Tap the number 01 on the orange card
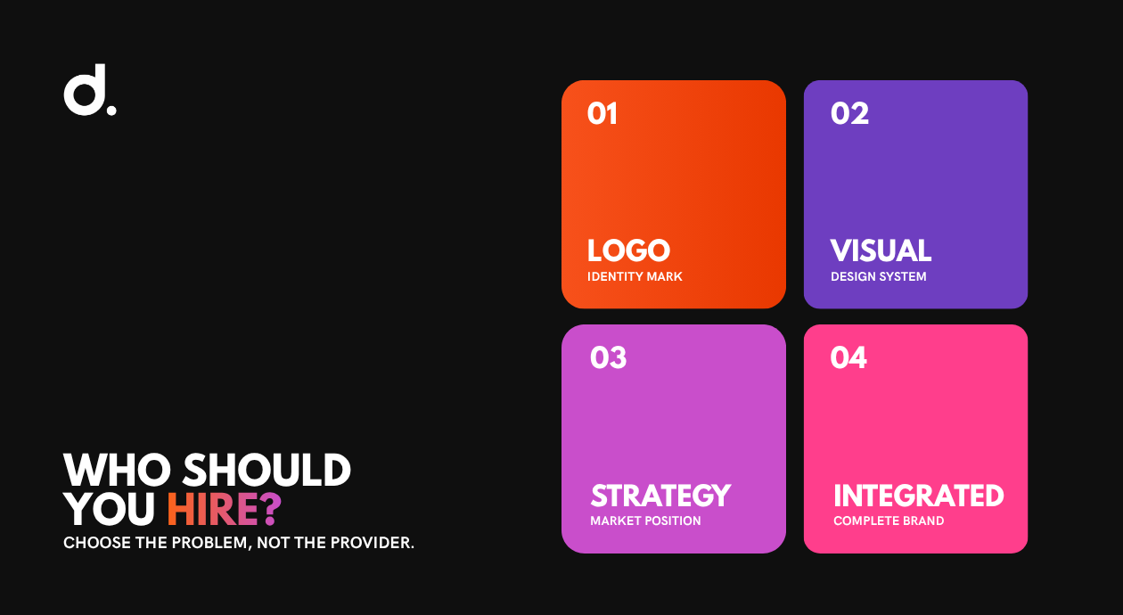(x=602, y=114)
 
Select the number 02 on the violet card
(x=849, y=114)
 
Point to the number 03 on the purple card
(x=608, y=358)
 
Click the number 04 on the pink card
(x=848, y=358)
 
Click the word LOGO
(x=628, y=250)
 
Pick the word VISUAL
(x=881, y=250)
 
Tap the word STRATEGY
(x=660, y=496)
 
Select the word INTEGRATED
(x=918, y=496)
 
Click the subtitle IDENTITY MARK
(x=635, y=276)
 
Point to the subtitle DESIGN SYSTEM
(x=879, y=276)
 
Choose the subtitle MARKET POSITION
(x=645, y=521)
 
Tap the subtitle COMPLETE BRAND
(x=889, y=521)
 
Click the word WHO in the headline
(x=117, y=470)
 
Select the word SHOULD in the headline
(x=266, y=470)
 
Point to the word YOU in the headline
(x=109, y=509)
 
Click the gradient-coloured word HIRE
(x=212, y=509)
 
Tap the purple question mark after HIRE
(x=271, y=509)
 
